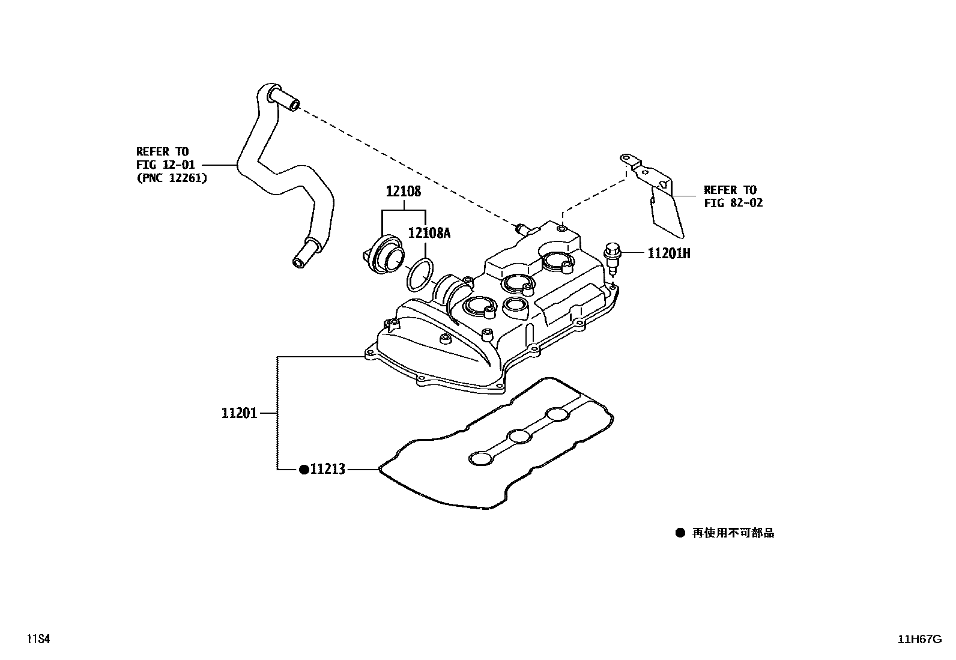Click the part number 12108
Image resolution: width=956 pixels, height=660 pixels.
click(403, 192)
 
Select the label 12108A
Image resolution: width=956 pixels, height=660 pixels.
click(429, 233)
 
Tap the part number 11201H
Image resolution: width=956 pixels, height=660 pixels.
click(668, 253)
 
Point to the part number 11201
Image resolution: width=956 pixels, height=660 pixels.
click(239, 413)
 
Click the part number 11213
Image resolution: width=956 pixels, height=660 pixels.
click(327, 470)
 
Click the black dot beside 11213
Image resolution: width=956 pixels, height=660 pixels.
click(304, 470)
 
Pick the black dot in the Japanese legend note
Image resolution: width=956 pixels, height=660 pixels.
click(680, 533)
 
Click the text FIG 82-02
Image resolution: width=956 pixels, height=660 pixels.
click(733, 203)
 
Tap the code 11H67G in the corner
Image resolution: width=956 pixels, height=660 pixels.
click(919, 639)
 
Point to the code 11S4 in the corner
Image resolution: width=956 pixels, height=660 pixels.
click(37, 639)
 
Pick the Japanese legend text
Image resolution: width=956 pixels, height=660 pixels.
click(733, 533)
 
